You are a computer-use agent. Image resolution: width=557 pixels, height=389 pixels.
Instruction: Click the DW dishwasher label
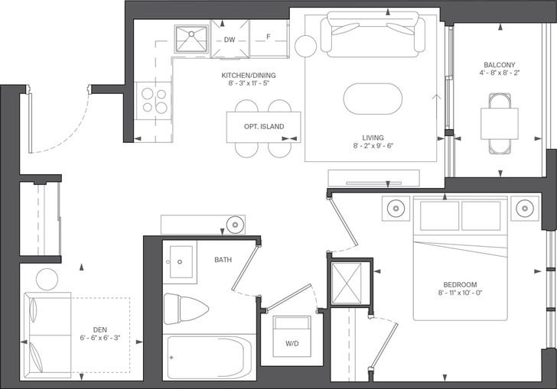230,40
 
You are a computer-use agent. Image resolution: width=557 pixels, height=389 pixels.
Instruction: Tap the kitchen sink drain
191,34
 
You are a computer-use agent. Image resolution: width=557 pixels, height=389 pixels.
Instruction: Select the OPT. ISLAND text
264,126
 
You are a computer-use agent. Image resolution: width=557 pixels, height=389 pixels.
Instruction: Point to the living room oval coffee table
373,99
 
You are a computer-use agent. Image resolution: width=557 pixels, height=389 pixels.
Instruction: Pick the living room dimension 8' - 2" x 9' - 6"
373,145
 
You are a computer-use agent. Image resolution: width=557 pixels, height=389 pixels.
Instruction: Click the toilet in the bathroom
186,309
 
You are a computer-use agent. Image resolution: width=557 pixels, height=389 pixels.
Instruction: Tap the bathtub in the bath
210,358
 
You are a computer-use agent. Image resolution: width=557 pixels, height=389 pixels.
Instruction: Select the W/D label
292,344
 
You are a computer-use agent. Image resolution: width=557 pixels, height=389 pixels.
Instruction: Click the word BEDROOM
460,284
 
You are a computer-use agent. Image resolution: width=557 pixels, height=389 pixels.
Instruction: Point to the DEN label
99,329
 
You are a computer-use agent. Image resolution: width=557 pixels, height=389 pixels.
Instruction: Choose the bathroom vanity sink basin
181,261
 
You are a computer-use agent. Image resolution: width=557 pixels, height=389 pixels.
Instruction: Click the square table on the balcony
500,124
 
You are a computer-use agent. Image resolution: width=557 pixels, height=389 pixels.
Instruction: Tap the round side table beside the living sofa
305,47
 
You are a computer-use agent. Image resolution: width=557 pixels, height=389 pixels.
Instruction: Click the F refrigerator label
269,37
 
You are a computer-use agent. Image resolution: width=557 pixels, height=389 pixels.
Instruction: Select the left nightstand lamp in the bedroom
396,208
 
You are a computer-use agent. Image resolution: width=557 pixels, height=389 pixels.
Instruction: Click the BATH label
223,260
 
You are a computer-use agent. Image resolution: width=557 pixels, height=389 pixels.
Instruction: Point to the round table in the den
47,279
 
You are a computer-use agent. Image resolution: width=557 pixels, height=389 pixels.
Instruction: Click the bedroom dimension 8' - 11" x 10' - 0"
460,293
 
